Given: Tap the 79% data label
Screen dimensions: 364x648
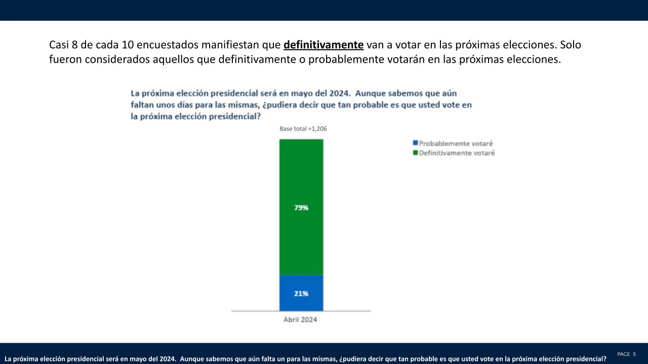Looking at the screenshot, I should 301,208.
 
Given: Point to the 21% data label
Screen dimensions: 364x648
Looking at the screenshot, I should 301,293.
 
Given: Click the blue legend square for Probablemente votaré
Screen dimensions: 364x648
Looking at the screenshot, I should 415,144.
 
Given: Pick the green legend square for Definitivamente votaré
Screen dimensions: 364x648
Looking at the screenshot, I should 415,153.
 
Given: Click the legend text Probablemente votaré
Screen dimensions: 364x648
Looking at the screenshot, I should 456,144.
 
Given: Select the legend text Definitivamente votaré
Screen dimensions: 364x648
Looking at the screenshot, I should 457,153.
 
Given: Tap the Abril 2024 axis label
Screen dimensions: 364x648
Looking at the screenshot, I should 300,320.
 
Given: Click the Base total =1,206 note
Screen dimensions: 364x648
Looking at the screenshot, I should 303,129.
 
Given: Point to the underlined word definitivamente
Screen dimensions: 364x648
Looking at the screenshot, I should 323,45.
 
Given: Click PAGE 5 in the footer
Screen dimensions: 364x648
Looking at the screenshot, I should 626,354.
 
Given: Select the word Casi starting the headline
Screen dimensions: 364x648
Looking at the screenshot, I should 59,45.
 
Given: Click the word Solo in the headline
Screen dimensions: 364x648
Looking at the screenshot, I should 571,45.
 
